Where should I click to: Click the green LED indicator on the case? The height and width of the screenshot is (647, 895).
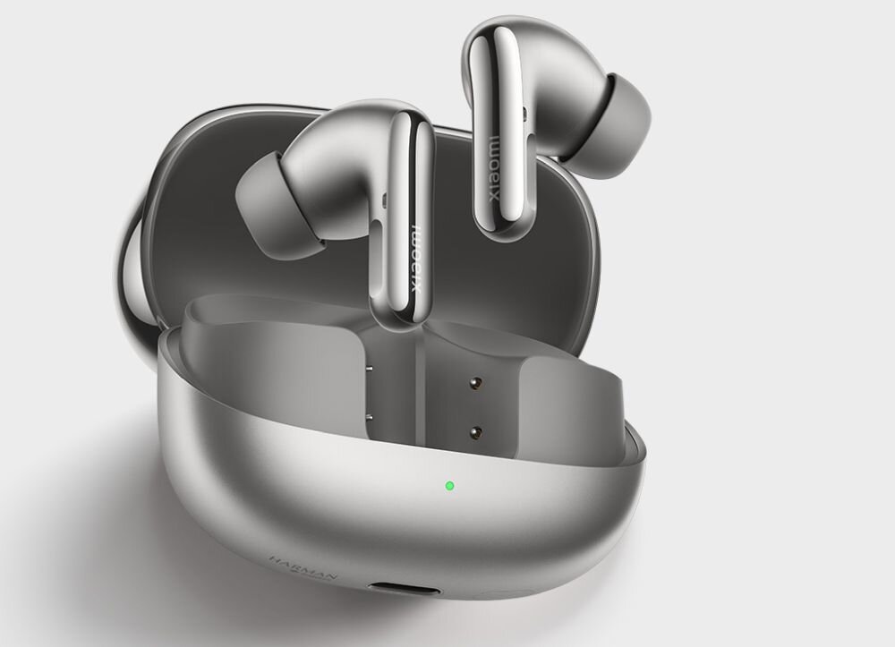pos(448,487)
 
